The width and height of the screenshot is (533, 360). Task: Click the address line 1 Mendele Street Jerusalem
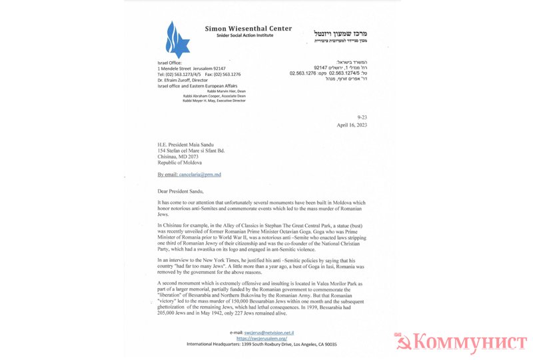pyautogui.click(x=191, y=69)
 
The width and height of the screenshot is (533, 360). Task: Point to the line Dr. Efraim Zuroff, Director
pyautogui.click(x=183, y=81)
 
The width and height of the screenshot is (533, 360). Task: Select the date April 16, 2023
pyautogui.click(x=352, y=125)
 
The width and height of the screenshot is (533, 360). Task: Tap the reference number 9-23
pyautogui.click(x=362, y=116)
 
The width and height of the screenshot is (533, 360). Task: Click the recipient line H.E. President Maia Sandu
pyautogui.click(x=193, y=145)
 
